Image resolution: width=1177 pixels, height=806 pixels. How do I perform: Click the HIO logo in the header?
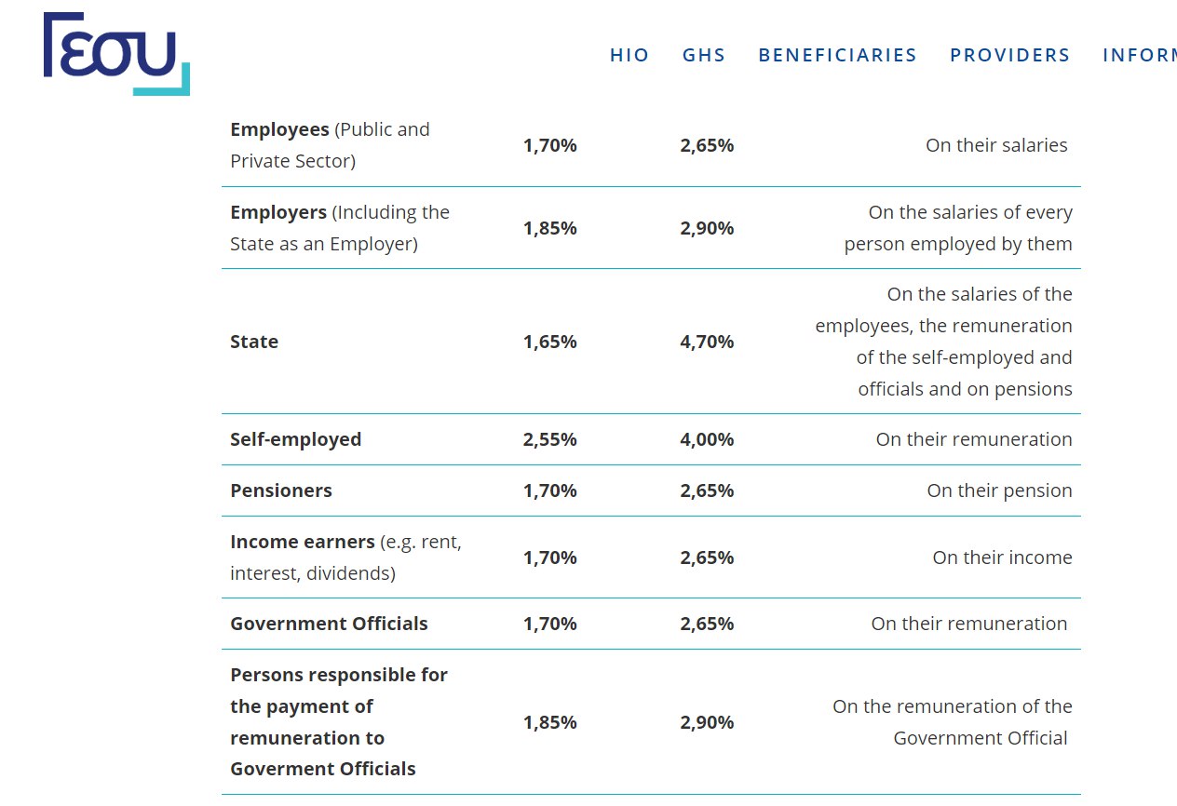tap(116, 54)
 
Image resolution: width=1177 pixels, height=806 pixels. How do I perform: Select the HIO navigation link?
tap(629, 55)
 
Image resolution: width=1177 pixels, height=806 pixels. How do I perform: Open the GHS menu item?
tap(704, 55)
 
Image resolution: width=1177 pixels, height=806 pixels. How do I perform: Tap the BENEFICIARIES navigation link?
tap(838, 55)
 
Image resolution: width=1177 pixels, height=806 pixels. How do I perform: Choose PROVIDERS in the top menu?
tap(1010, 55)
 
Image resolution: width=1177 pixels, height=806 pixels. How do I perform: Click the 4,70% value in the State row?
tap(707, 342)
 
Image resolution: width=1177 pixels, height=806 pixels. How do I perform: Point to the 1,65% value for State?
tap(549, 342)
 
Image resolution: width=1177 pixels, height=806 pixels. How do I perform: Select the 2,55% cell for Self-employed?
tap(549, 439)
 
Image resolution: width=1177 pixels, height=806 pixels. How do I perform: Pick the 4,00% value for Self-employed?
tap(707, 439)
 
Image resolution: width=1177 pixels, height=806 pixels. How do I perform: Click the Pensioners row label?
tap(281, 490)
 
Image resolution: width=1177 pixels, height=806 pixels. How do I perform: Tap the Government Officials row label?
tap(329, 624)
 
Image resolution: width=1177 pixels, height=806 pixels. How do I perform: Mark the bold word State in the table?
tap(254, 342)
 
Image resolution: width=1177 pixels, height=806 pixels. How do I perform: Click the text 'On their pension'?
tap(999, 490)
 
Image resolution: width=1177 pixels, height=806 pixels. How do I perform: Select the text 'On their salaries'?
tap(996, 145)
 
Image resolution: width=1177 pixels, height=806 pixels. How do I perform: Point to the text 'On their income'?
tap(1002, 557)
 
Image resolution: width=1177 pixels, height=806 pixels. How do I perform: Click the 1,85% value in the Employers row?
tap(549, 228)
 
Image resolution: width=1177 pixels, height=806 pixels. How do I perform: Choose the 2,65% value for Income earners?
tap(707, 557)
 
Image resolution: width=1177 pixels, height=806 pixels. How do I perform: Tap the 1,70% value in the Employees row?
tap(549, 145)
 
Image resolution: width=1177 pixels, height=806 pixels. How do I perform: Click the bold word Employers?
tap(278, 212)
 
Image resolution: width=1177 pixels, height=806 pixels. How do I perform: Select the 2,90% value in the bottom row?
tap(707, 722)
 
